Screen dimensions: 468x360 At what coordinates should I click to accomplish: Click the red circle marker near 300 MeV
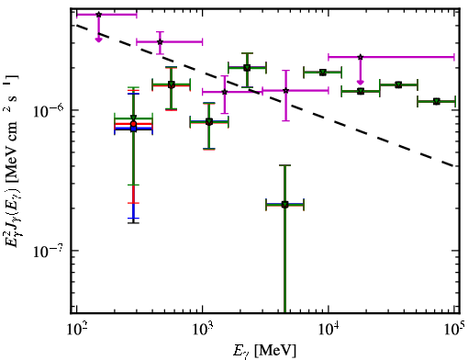click(133, 124)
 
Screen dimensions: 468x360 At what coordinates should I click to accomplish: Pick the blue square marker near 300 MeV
click(133, 129)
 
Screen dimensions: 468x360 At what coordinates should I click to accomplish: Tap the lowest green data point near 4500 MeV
click(284, 205)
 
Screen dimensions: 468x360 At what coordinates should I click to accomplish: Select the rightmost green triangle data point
click(437, 101)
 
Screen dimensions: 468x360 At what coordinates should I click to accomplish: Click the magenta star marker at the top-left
click(98, 15)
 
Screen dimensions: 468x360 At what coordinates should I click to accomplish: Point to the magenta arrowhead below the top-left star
click(98, 39)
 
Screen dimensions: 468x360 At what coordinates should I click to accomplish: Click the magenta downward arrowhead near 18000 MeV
click(361, 82)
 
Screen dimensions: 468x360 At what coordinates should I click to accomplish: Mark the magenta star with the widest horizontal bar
click(361, 57)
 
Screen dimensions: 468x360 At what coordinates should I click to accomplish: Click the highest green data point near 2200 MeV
click(247, 68)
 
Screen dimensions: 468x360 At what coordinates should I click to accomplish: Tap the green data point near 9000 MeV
click(322, 73)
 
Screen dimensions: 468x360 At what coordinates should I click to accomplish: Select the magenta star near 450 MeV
click(160, 42)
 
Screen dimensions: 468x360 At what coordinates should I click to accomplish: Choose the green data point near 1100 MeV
click(209, 122)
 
